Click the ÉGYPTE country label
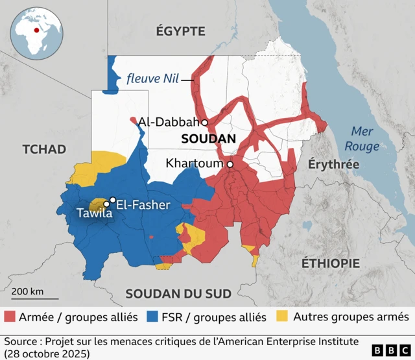pos(180,31)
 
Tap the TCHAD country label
pos(44,149)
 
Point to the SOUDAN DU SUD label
pos(178,293)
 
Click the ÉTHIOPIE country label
pos(331,263)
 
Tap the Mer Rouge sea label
pos(362,138)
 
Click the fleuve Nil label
pos(153,79)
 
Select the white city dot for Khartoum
pos(230,165)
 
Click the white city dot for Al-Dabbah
pos(204,122)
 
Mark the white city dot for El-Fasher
pos(113,200)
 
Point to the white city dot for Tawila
pos(106,204)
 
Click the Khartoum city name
pos(194,163)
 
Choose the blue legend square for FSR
pos(152,317)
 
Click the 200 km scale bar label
pos(27,291)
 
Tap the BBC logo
pos(390,350)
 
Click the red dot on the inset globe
pos(35,29)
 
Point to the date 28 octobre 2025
pos(45,354)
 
